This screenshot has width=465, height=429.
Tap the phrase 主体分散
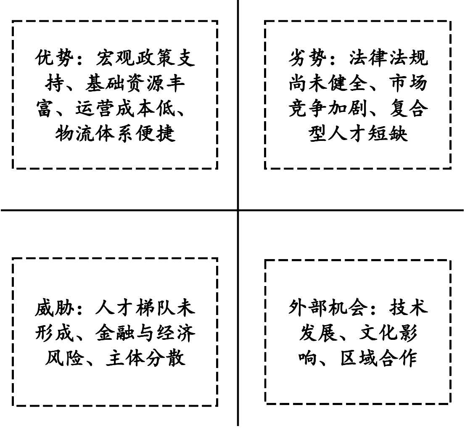click(x=145, y=359)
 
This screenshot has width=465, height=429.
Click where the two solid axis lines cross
click(x=238, y=210)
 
